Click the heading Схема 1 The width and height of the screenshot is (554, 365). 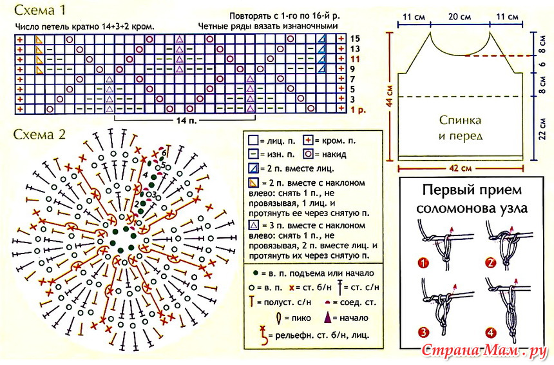point(39,10)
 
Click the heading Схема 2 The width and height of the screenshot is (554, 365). point(39,134)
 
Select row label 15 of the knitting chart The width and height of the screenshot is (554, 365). point(355,39)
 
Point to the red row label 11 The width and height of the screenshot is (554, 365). point(355,58)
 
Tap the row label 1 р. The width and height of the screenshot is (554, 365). point(358,110)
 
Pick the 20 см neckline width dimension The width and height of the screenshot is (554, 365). point(459,17)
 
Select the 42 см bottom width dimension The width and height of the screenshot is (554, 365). point(460,168)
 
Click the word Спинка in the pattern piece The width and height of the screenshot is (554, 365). point(460,120)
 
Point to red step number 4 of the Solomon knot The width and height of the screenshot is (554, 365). point(491,333)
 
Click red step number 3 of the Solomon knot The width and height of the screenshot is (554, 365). point(423,333)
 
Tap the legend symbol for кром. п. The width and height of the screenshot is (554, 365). point(308,141)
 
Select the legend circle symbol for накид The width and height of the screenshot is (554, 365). point(308,154)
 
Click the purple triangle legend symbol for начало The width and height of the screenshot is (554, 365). point(327,317)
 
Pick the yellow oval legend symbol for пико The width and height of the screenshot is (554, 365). point(278,317)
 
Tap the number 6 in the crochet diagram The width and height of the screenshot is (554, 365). point(164,153)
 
